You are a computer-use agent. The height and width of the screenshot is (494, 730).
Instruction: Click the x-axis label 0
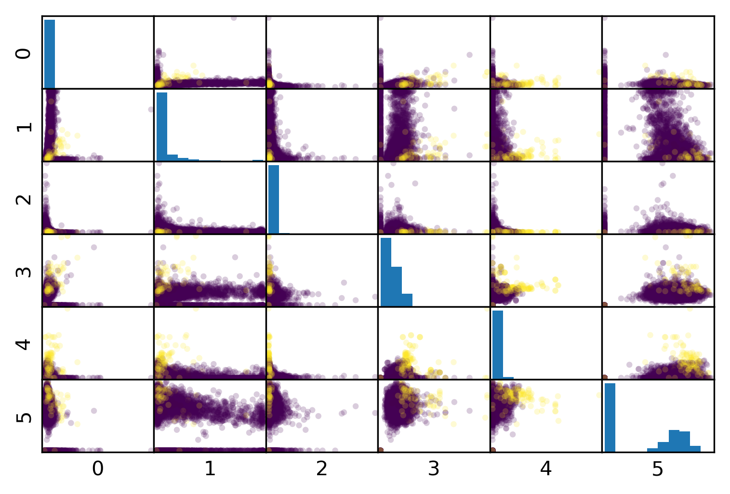coord(98,468)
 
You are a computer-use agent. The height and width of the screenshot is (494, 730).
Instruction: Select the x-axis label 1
coord(210,468)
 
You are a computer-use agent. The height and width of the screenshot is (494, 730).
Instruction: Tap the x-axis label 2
coord(322,468)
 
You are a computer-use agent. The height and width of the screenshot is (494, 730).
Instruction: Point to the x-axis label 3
coord(434,468)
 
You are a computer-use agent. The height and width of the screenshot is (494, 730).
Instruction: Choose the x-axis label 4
coord(546,468)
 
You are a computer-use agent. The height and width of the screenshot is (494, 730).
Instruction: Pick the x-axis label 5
coord(658,468)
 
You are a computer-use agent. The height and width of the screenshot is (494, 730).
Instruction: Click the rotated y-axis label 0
coord(24,53)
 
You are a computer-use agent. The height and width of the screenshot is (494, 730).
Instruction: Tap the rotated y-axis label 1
coord(24,126)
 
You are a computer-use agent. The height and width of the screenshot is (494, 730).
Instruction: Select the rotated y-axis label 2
coord(24,198)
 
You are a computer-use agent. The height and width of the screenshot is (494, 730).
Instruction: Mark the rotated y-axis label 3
coord(24,271)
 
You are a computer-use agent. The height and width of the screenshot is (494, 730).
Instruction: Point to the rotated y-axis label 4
coord(24,344)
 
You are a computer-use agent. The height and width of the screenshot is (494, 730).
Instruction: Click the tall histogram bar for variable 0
coord(50,54)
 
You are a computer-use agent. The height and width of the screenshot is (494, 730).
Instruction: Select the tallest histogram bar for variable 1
coord(162,126)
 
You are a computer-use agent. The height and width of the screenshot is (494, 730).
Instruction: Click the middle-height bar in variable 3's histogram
coord(397,286)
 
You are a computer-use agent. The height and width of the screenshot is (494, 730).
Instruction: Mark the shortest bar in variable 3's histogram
coord(407,300)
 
